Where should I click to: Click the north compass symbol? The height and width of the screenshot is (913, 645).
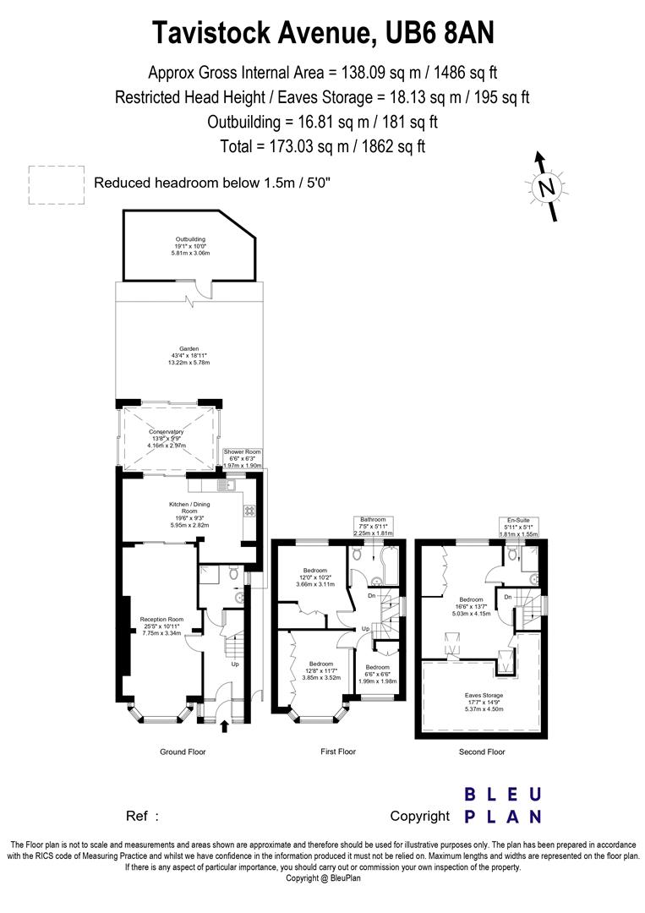547,186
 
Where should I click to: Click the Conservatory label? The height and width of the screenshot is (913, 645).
167,438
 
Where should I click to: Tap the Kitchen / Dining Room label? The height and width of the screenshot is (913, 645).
189,515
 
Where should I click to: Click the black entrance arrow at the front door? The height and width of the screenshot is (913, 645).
224,724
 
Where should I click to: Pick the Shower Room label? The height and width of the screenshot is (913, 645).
242,457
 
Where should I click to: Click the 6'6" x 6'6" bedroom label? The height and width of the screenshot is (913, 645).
376,673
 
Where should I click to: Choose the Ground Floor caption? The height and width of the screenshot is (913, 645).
183,752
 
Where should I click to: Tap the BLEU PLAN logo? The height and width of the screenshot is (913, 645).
503,805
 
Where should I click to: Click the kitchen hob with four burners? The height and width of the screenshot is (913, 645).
250,511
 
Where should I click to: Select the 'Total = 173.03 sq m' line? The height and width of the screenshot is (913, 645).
322,145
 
